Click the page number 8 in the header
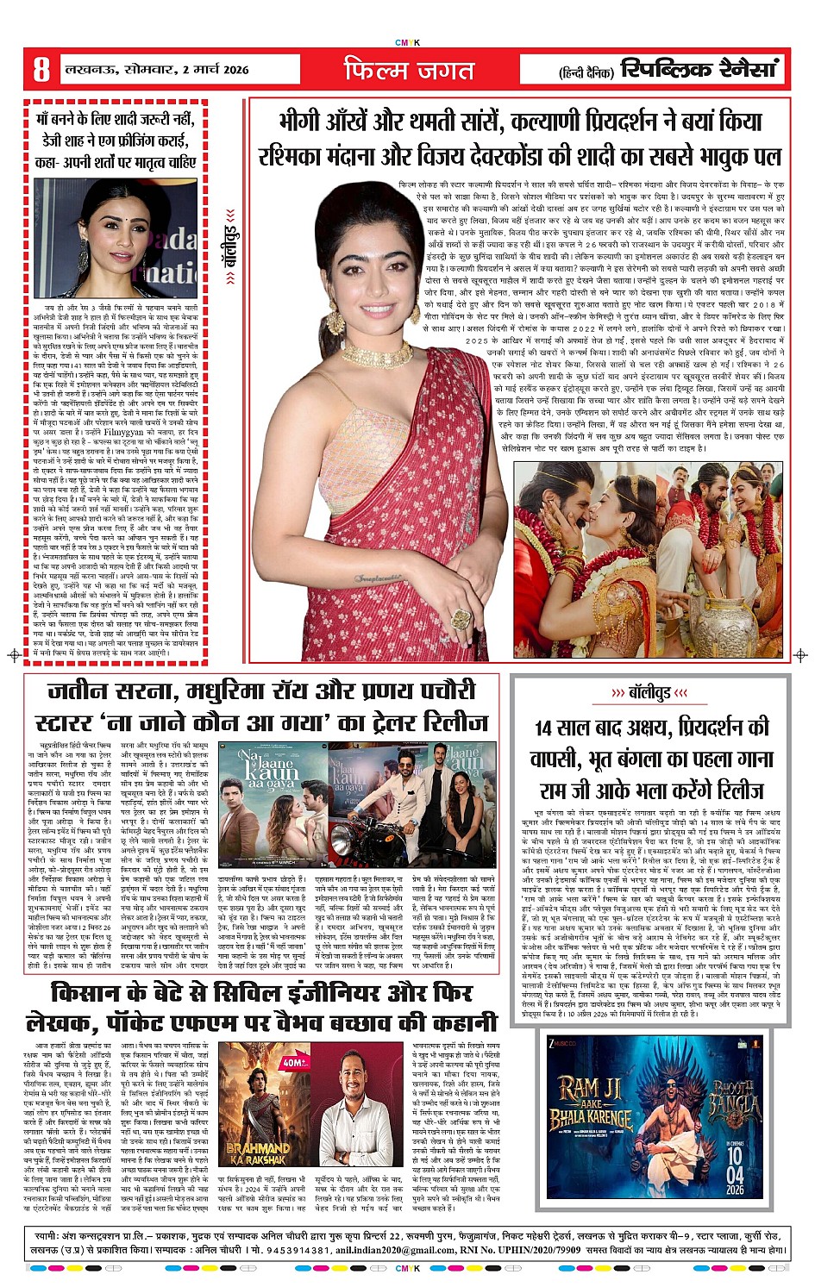[x=41, y=70]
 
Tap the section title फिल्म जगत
[x=409, y=70]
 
